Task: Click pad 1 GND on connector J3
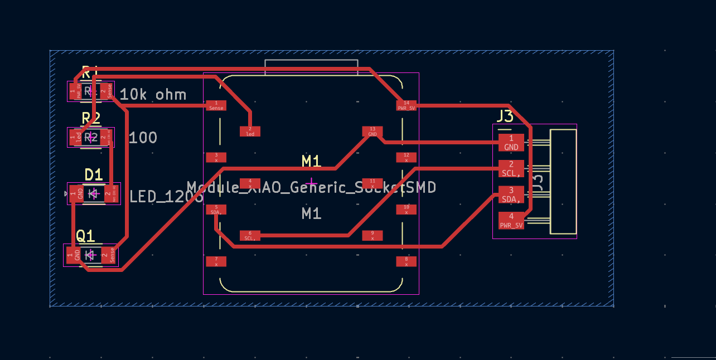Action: [x=511, y=143]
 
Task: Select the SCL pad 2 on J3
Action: [x=511, y=169]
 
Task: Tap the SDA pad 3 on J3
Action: [x=511, y=194]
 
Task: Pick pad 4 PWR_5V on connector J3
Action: [x=511, y=221]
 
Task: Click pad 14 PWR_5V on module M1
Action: [x=406, y=105]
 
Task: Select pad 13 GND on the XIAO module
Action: [x=372, y=132]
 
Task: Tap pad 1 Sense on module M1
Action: [x=216, y=105]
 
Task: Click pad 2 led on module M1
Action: [x=250, y=132]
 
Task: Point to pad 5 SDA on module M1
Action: [x=216, y=210]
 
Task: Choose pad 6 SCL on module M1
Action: [x=250, y=236]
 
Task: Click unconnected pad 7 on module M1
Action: [x=216, y=261]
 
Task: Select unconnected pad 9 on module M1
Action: [x=372, y=236]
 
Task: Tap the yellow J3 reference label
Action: [x=505, y=116]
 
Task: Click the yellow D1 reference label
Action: [x=93, y=175]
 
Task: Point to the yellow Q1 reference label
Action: [x=85, y=236]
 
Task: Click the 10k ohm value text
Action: [x=153, y=95]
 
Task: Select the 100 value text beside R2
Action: [x=143, y=138]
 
